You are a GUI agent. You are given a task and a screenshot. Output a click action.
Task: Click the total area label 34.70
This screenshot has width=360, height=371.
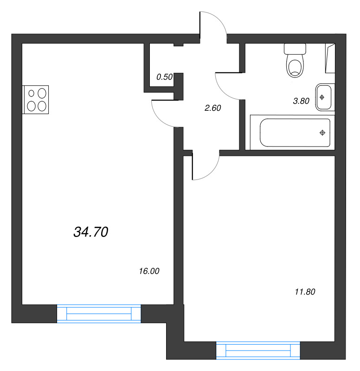[x=91, y=232]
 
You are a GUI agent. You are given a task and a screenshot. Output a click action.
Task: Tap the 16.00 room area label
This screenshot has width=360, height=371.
[x=149, y=271]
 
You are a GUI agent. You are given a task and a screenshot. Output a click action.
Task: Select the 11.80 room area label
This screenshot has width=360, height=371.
[x=305, y=292]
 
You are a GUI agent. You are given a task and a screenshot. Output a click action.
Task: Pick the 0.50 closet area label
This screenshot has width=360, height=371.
[x=164, y=77]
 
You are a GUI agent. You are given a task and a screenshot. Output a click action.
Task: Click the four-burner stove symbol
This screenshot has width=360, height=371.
[x=36, y=99]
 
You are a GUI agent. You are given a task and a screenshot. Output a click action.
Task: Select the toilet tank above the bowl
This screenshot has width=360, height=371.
[x=295, y=49]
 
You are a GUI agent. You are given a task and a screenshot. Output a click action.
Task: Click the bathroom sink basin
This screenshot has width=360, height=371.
[x=324, y=97]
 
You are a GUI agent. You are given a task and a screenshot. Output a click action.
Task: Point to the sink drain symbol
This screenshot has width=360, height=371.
[x=322, y=97]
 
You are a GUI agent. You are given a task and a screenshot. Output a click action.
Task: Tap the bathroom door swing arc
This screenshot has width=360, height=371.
[x=227, y=86]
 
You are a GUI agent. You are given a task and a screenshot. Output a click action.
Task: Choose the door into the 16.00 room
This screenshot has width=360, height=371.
[x=165, y=114]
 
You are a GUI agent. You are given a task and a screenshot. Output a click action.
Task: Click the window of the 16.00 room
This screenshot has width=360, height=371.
[x=99, y=313]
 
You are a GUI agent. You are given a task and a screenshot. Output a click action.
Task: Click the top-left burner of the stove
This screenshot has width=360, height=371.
[x=32, y=93]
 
